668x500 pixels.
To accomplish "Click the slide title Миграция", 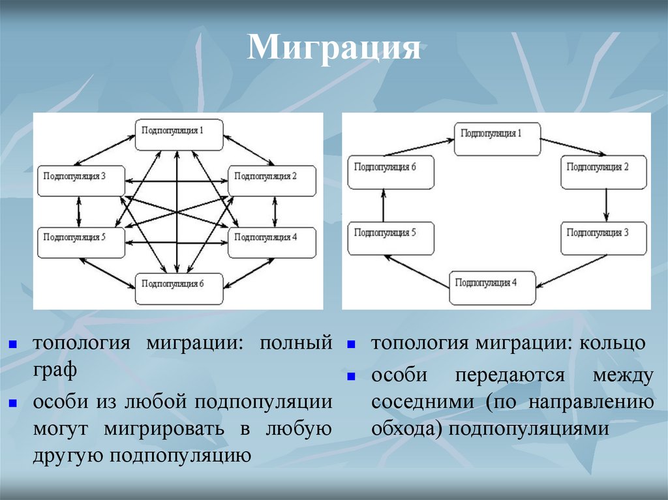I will tap(333, 49).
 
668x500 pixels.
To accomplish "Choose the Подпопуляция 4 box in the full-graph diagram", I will tap(271, 241).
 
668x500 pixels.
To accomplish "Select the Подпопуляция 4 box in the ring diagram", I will tap(493, 288).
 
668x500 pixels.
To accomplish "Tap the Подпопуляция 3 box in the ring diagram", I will tap(604, 238).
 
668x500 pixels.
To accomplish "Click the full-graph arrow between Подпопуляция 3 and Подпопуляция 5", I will tap(79, 211).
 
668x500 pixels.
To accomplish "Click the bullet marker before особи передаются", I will tap(350, 377).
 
